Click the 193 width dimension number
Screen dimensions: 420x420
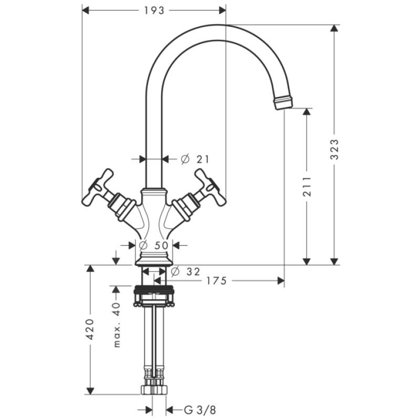[154, 10]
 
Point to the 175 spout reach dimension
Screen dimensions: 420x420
[216, 281]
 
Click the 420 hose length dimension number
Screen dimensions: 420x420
[90, 329]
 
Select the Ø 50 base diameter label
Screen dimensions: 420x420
[155, 245]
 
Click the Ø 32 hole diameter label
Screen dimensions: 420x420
[186, 271]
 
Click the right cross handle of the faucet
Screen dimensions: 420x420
[209, 187]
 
